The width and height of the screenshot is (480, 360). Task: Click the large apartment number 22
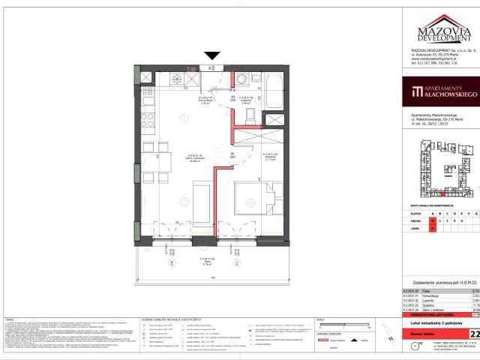click(x=473, y=313)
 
